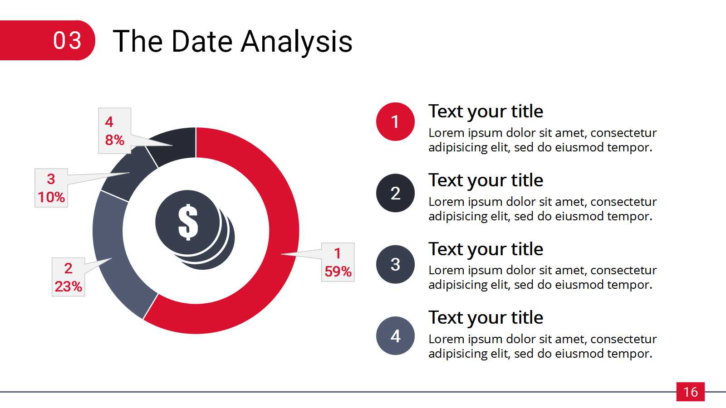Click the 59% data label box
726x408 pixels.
point(338,262)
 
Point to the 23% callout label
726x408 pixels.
point(69,277)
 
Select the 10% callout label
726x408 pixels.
point(51,188)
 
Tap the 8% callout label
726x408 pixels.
point(114,131)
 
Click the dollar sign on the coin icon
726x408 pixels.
point(188,223)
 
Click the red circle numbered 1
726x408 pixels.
point(395,122)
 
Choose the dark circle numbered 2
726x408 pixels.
point(395,193)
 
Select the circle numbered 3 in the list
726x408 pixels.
point(395,264)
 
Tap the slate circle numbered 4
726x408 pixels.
point(395,336)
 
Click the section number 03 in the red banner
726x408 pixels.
point(67,41)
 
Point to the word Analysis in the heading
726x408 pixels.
point(297,42)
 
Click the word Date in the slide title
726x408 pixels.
point(202,41)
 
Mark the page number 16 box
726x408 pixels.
point(690,392)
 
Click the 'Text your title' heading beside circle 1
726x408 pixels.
point(486,112)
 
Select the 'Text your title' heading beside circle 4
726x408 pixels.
point(486,318)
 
